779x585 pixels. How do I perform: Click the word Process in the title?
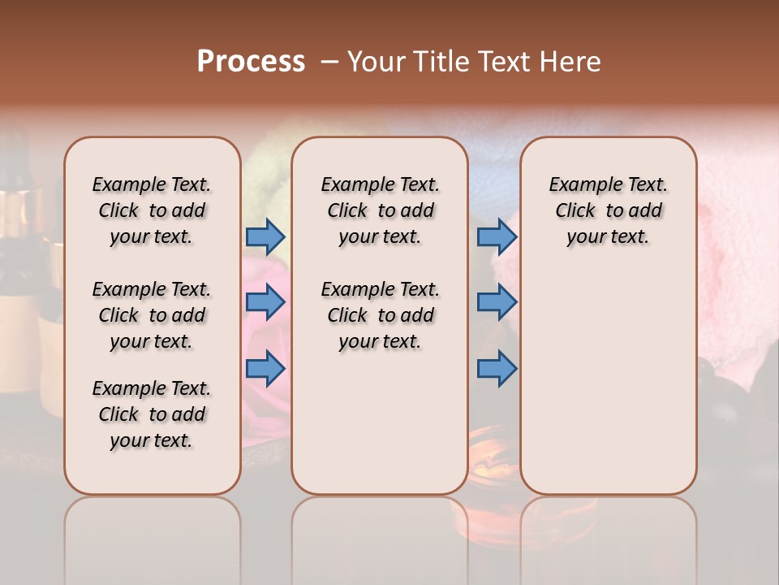[x=251, y=62]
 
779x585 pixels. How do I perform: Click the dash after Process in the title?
[x=329, y=63]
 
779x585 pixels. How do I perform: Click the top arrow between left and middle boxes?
[x=265, y=236]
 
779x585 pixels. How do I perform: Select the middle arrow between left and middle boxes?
[x=265, y=303]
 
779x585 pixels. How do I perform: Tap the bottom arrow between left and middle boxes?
[x=265, y=369]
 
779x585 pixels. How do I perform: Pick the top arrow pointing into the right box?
[x=497, y=236]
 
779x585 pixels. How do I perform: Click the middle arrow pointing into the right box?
[x=497, y=303]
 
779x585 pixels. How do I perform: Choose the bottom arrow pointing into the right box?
[x=497, y=369]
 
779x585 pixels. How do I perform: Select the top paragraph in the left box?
[x=152, y=210]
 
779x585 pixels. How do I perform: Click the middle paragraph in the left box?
[x=152, y=315]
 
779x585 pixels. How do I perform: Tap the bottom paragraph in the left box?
[x=152, y=414]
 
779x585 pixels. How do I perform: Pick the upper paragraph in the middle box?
[x=380, y=210]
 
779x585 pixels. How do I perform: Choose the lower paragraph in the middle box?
[x=380, y=315]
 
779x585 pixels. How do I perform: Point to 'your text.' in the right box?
[x=608, y=237]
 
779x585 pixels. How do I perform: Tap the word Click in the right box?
[x=575, y=211]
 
